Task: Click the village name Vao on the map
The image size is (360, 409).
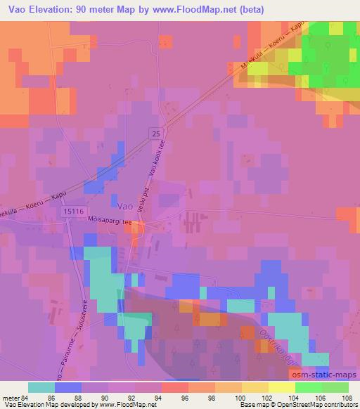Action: (124, 205)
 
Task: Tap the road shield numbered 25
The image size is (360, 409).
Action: (153, 132)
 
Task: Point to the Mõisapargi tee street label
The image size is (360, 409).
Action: (109, 221)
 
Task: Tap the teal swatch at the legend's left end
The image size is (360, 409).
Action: (41, 387)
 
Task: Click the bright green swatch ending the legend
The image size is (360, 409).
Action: (335, 387)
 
